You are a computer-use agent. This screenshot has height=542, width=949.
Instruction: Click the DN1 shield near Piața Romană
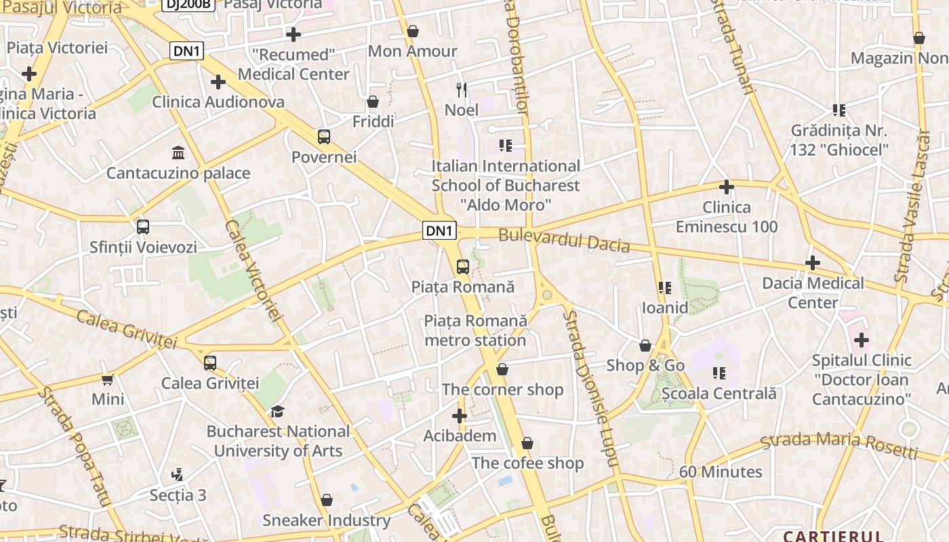point(439,230)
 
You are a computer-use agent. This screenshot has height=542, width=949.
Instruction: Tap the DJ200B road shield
point(188,3)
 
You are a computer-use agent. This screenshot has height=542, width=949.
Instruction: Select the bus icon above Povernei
point(324,136)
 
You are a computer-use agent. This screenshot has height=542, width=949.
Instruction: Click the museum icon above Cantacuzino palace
point(178,152)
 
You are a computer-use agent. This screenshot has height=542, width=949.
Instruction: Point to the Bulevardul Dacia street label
point(564,241)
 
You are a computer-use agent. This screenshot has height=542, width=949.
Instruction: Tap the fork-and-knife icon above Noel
point(462,89)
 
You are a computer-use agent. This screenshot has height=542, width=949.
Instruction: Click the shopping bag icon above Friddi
point(373,102)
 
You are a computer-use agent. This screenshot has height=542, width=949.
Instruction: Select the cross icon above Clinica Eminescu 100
point(727,186)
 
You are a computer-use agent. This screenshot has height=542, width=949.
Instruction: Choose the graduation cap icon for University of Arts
point(277,411)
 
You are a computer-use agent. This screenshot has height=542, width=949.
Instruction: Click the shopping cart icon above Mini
point(107,379)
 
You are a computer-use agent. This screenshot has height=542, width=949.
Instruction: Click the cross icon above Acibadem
point(460,416)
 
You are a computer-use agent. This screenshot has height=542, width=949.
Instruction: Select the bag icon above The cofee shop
point(527,443)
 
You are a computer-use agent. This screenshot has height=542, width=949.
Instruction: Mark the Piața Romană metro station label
point(475,330)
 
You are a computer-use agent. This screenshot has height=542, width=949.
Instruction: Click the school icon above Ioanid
point(665,288)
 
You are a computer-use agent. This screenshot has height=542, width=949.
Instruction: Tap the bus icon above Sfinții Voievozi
point(142,226)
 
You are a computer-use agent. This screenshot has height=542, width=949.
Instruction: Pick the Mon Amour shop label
point(412,51)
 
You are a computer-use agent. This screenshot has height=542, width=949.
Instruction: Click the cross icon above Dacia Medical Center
point(812,263)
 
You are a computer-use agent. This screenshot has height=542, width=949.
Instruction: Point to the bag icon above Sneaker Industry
point(327,500)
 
